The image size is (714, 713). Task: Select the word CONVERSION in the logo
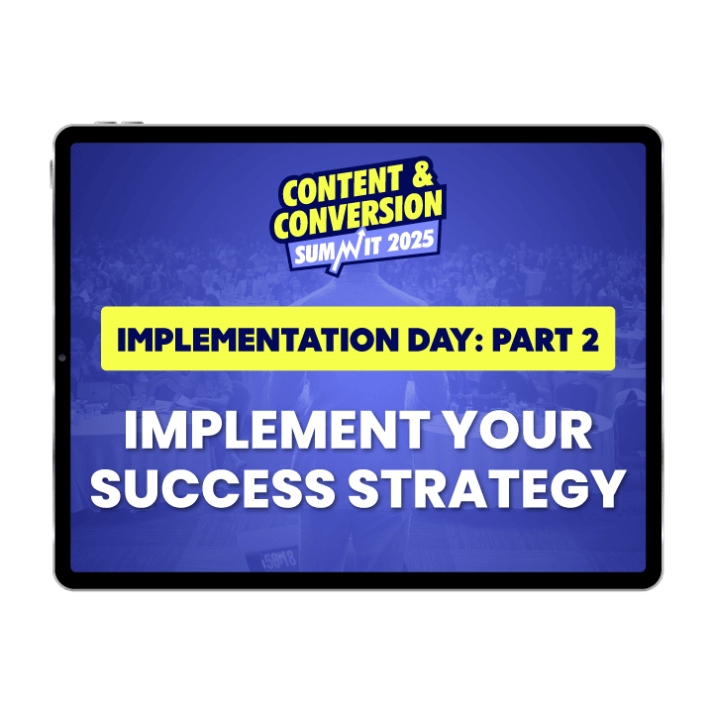pyautogui.click(x=358, y=214)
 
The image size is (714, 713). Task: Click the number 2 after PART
pyautogui.click(x=590, y=340)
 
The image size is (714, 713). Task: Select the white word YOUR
pyautogui.click(x=517, y=430)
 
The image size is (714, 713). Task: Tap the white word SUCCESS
pyautogui.click(x=213, y=487)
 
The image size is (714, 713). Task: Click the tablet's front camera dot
pyautogui.click(x=62, y=357)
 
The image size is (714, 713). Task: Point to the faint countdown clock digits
pyautogui.click(x=278, y=560)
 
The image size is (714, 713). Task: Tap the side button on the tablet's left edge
pyautogui.click(x=51, y=173)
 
